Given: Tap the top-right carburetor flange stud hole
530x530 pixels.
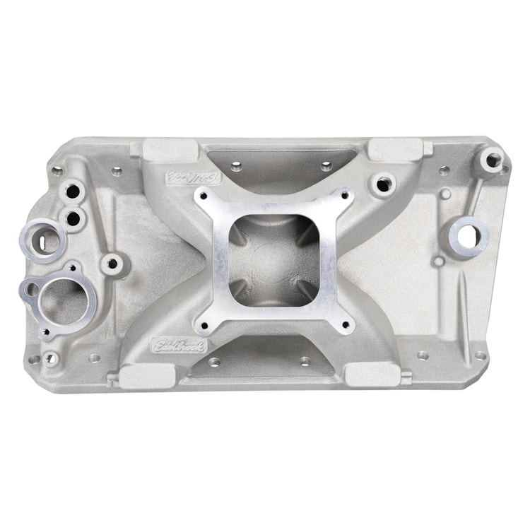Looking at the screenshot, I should point(344,197).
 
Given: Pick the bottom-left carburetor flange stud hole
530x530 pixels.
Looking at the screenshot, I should point(204,325).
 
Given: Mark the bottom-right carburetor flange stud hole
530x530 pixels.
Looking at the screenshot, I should point(346,326).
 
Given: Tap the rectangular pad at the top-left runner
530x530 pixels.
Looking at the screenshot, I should point(171,150).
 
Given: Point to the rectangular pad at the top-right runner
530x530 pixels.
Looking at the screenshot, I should point(396,149).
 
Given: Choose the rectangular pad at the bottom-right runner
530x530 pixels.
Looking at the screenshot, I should point(373,374).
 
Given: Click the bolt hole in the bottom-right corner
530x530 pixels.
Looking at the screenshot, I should point(481,355).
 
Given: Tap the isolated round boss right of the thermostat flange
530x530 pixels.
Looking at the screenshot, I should point(111,264).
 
